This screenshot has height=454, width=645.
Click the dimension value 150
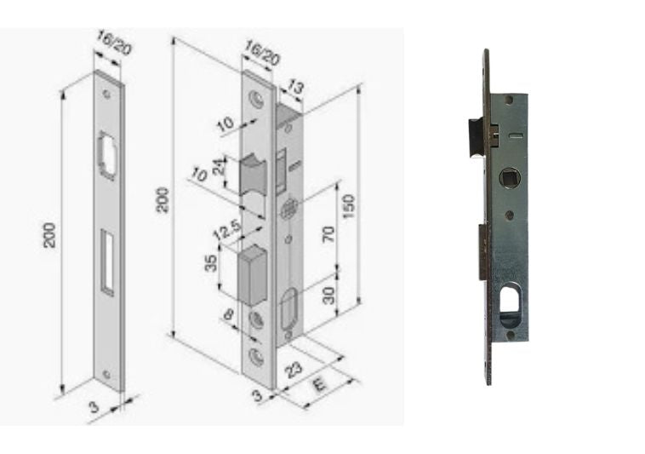(x=348, y=206)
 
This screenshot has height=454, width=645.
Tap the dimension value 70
(x=328, y=233)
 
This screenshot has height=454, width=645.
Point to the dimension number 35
(x=211, y=263)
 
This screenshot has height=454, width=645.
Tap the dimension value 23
(x=294, y=370)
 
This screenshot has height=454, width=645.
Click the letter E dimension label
(x=319, y=385)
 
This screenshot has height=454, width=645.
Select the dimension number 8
(x=229, y=315)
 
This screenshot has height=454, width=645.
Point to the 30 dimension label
(x=329, y=295)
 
